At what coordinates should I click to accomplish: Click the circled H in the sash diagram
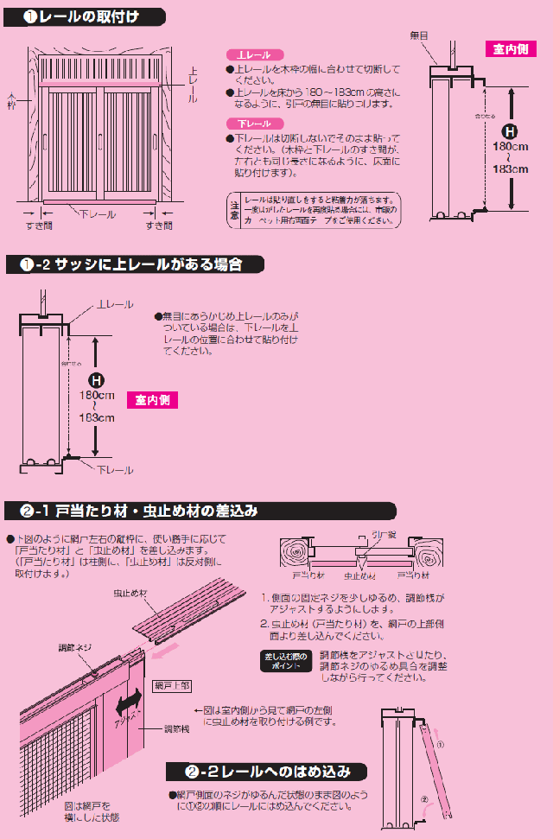pos(97,379)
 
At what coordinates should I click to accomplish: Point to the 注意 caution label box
pos(234,210)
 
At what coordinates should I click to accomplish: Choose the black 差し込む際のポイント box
pos(285,660)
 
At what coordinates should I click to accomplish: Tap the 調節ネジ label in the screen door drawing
pos(73,646)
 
